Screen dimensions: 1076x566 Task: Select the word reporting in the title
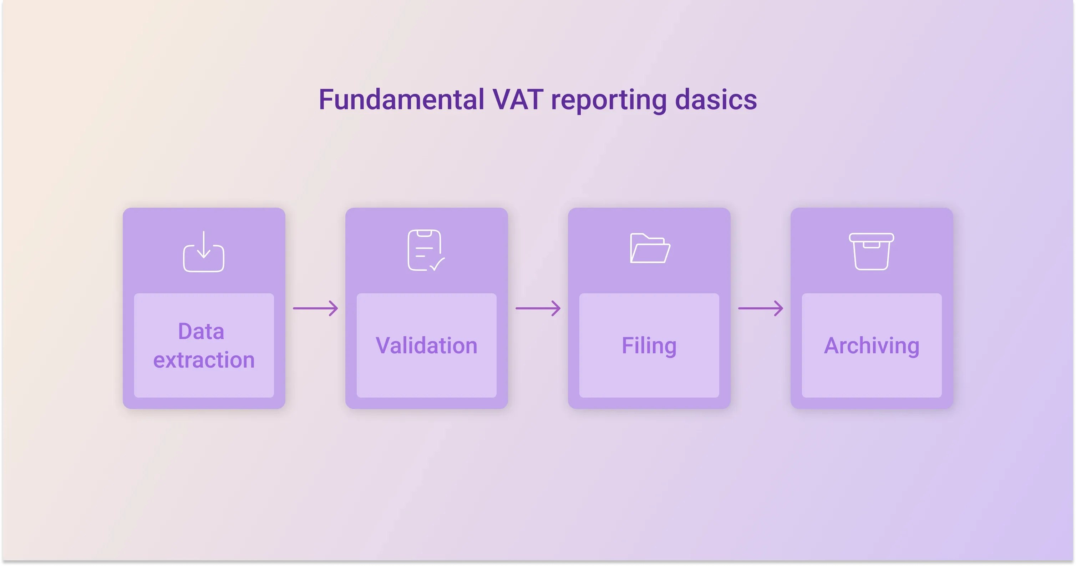tap(609, 101)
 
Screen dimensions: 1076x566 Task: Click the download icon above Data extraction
tap(204, 252)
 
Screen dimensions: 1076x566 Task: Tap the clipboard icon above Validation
tap(426, 250)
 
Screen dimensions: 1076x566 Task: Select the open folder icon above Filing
tap(650, 248)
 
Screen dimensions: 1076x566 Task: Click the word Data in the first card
tap(201, 331)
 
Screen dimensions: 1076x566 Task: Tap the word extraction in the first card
tap(204, 360)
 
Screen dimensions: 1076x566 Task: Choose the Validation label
tap(426, 345)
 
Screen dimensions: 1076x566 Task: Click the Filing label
tap(649, 346)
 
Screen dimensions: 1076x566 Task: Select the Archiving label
tap(872, 346)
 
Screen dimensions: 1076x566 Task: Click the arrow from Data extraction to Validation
tap(315, 308)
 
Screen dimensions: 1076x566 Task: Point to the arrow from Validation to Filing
tap(538, 308)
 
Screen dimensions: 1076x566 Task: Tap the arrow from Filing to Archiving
tap(761, 308)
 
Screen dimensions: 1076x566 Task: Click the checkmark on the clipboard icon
tap(437, 264)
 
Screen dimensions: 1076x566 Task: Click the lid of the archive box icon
tap(871, 237)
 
